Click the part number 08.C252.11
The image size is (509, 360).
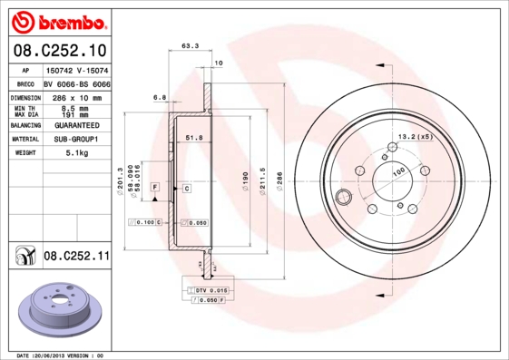point(76,257)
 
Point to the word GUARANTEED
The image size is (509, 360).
point(76,125)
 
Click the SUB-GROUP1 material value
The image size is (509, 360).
point(76,140)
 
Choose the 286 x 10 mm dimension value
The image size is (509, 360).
point(76,96)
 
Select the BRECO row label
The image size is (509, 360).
point(24,83)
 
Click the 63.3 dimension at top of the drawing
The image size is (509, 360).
point(191,44)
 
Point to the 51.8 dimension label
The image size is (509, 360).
point(192,138)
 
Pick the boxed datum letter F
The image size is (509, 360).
point(155,187)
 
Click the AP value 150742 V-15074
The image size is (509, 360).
point(76,69)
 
